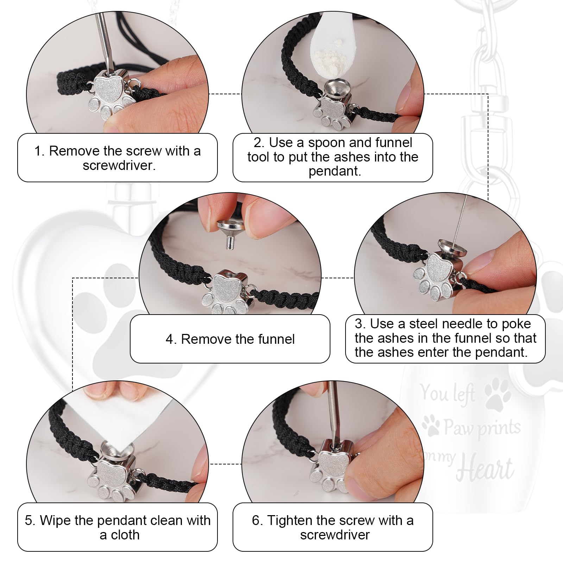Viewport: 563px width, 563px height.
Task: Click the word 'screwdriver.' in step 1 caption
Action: coord(119,165)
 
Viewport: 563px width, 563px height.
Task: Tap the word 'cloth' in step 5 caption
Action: coord(125,535)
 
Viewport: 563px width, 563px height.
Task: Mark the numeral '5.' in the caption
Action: coord(30,520)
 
